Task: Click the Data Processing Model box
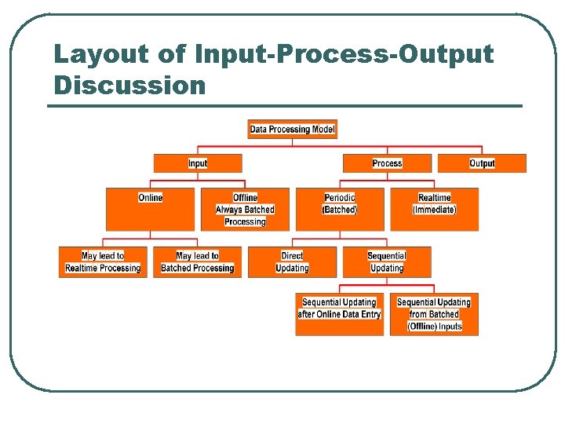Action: click(x=292, y=129)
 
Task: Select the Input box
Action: click(x=198, y=163)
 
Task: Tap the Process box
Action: click(x=387, y=163)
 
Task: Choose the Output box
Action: click(x=482, y=163)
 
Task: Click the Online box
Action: click(x=150, y=209)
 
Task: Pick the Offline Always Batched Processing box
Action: click(x=245, y=209)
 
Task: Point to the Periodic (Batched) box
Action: click(x=340, y=209)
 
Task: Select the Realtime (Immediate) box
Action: click(x=434, y=209)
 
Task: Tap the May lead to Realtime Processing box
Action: click(x=103, y=262)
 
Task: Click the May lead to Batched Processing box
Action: click(x=197, y=262)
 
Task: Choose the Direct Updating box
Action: click(x=292, y=262)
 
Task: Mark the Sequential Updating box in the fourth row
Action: click(x=387, y=262)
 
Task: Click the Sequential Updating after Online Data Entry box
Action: click(x=339, y=314)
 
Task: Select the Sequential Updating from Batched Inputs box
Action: click(x=434, y=314)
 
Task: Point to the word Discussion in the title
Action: click(x=129, y=85)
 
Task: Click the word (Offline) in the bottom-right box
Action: click(x=421, y=327)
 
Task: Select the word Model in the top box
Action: click(x=323, y=129)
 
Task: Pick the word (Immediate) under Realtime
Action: click(x=434, y=210)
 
